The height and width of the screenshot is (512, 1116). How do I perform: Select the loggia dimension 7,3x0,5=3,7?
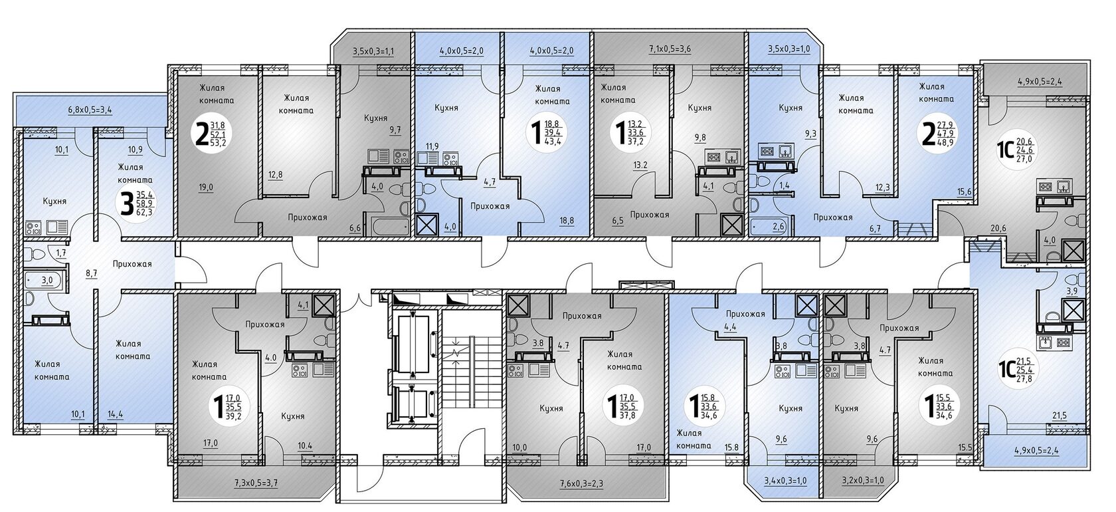pos(256,483)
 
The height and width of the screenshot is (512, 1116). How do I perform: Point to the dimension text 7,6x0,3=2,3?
pos(581,483)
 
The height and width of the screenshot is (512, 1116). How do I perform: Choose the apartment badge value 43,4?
pos(552,141)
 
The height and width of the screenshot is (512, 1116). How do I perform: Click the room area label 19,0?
pos(206,187)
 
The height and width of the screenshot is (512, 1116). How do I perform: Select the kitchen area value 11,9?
pos(432,146)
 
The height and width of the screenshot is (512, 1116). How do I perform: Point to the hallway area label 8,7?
pos(91,273)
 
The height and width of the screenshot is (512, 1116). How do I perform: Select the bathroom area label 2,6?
pos(779,226)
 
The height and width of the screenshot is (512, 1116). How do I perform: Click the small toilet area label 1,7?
pos(61,253)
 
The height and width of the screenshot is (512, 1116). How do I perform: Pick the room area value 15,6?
pos(964,192)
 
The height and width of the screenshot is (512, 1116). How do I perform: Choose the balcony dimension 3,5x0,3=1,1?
pos(373,51)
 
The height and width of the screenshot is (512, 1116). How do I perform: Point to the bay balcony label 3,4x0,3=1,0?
pos(785,481)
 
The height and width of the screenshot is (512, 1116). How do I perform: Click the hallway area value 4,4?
pos(730,328)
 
